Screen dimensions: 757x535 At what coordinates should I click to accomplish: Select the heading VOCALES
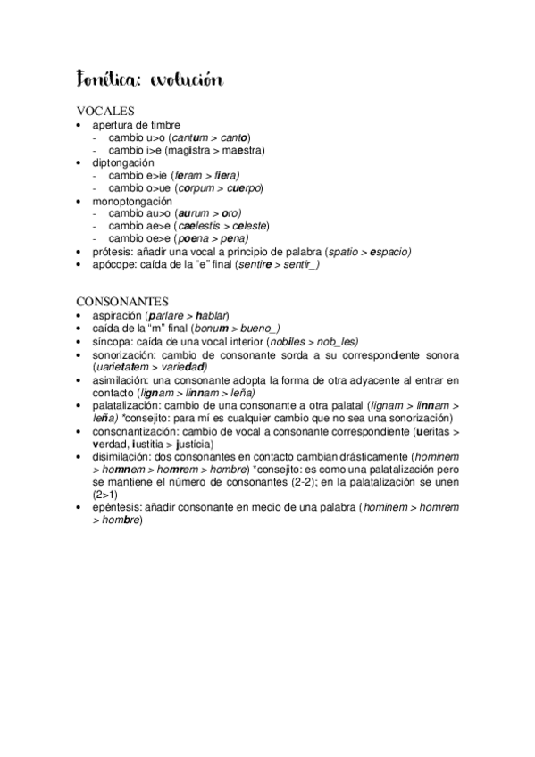[x=105, y=112]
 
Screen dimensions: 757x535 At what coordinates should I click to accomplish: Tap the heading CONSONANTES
[x=121, y=303]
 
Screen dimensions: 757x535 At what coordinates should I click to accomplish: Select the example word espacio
[x=384, y=253]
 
